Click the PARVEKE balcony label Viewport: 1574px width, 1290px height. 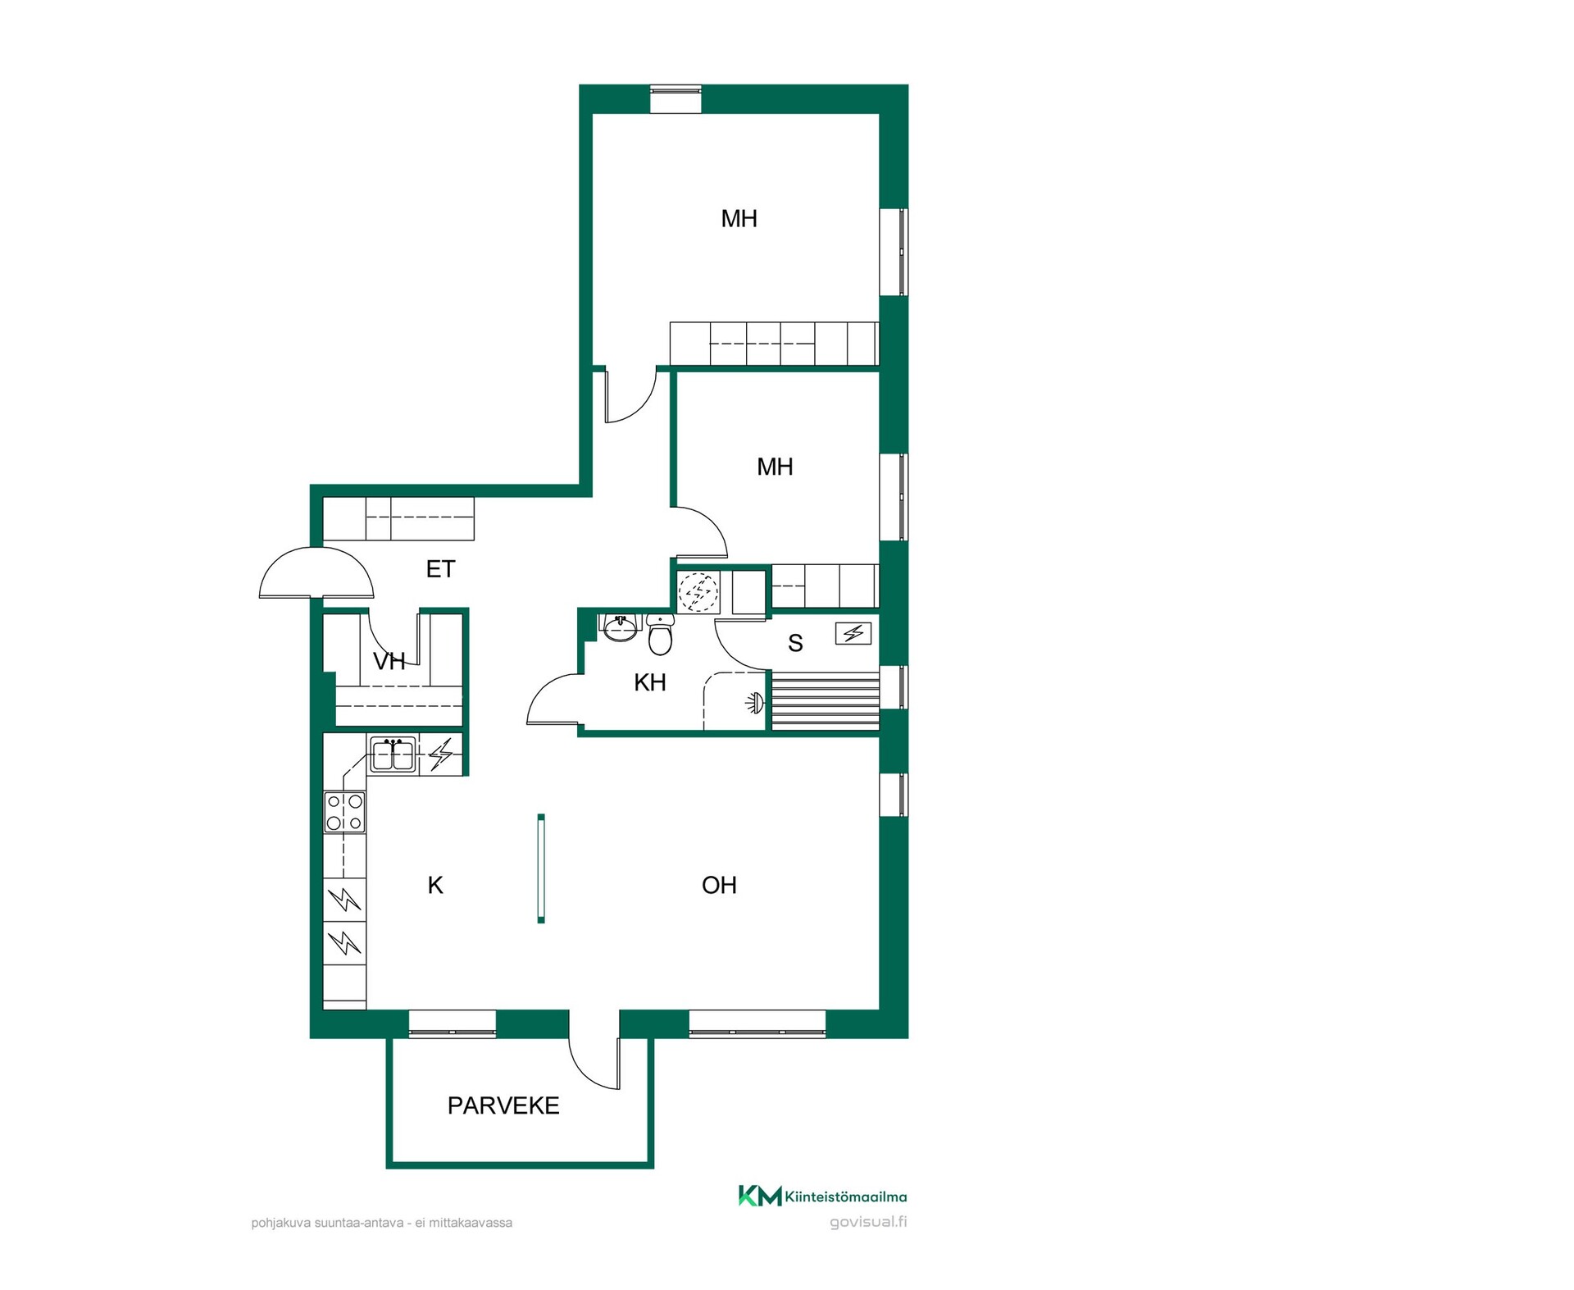pos(503,1105)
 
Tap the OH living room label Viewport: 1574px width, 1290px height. pos(719,885)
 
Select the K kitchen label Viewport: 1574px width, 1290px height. pos(435,885)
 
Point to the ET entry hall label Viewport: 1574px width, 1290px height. pos(440,569)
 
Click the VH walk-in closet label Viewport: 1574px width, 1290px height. pos(389,662)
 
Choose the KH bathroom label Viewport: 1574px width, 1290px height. pos(650,682)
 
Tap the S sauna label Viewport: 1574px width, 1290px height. pos(795,643)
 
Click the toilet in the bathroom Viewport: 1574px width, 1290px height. pos(660,635)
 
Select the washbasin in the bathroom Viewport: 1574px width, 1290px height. pos(621,627)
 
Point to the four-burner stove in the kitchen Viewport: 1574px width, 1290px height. pos(344,812)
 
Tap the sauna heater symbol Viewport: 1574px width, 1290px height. pos(853,633)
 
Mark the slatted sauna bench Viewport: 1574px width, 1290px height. pos(825,701)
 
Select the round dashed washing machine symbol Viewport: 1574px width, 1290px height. pos(698,591)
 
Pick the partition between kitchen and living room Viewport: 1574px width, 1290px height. pos(541,868)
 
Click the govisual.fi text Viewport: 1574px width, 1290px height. pos(868,1222)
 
